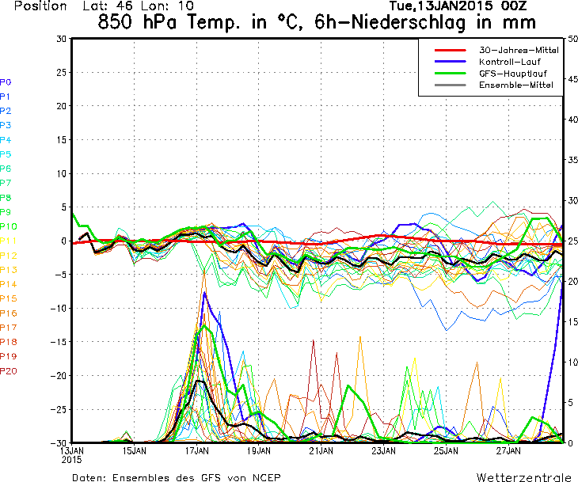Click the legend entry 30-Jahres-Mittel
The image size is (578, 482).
coord(519,50)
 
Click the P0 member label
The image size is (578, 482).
coord(6,82)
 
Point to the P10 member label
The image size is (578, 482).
coord(9,226)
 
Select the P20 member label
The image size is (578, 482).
coord(9,370)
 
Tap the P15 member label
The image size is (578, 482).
coord(9,298)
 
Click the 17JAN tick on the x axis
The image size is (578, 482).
coord(196,451)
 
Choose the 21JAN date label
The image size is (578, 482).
coord(321,451)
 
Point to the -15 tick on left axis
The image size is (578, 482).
coord(59,342)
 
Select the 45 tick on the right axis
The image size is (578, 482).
coord(572,78)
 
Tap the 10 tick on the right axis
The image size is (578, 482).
coord(572,362)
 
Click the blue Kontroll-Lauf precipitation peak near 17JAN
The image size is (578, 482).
coord(204,293)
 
